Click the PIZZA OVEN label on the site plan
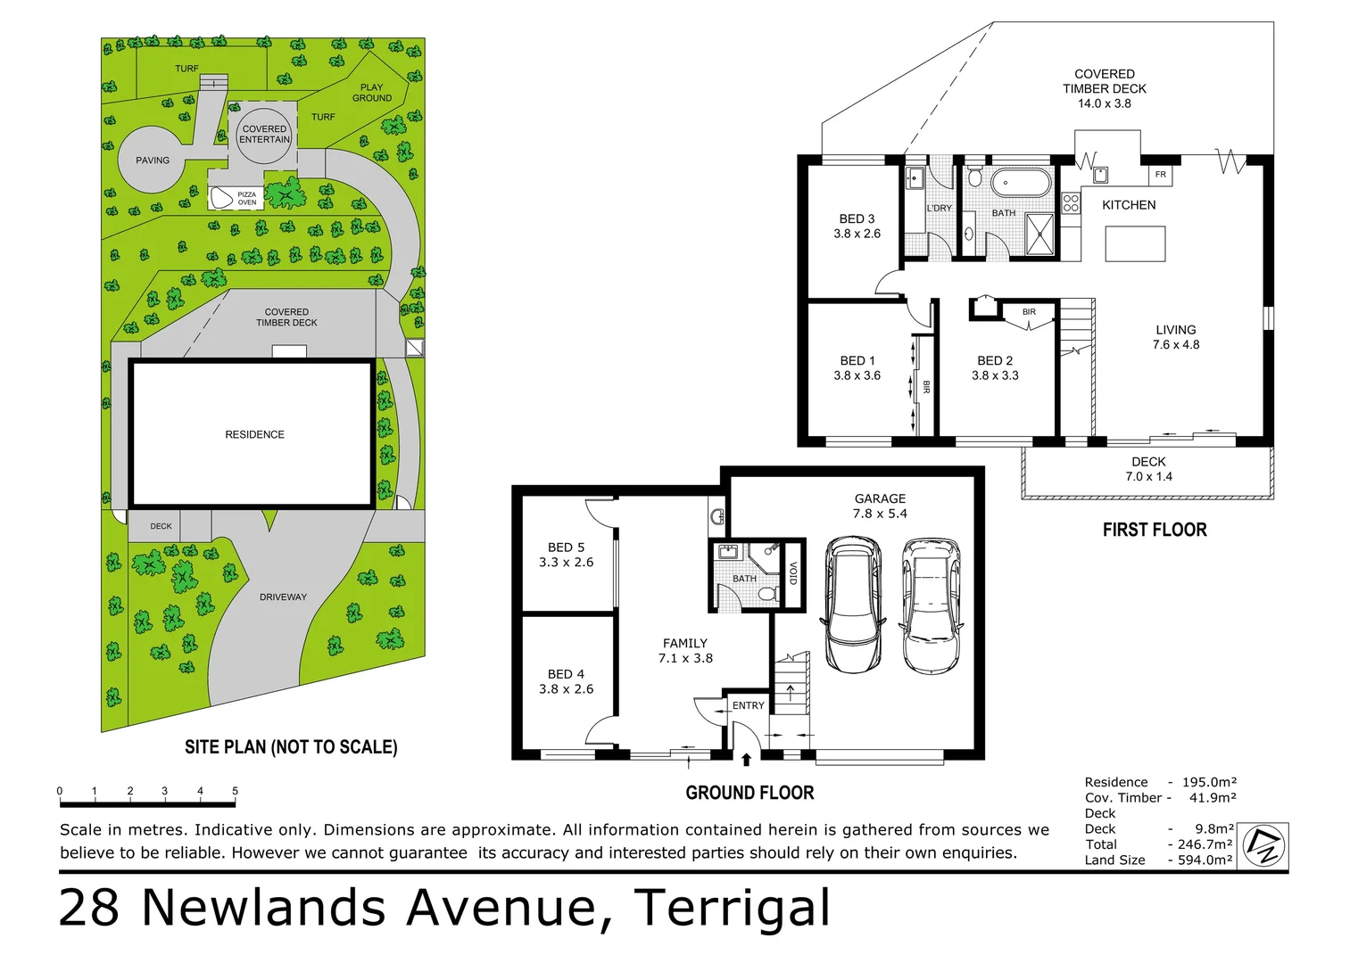point(246,198)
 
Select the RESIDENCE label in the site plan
point(254,434)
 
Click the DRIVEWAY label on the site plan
point(283,597)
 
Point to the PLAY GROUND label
point(371,93)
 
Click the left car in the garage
point(853,603)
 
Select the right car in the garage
point(931,605)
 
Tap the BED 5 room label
point(566,547)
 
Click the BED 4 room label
point(566,674)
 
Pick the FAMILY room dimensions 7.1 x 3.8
point(685,658)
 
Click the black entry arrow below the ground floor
point(746,760)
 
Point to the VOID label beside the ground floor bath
point(793,573)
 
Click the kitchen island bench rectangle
point(1135,243)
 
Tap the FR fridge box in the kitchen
point(1160,175)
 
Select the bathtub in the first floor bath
point(1021,183)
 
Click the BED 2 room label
point(995,360)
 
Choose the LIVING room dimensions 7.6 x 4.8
point(1175,344)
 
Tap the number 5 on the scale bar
point(235,791)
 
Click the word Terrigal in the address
point(732,908)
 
